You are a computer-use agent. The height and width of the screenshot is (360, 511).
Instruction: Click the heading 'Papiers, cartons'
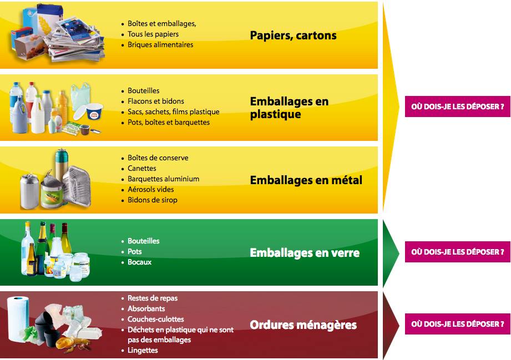[293, 36]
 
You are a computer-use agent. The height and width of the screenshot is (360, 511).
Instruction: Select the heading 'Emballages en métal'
[306, 180]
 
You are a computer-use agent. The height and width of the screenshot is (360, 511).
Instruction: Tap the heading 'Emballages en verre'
[305, 253]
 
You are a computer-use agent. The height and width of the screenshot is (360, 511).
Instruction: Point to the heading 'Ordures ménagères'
[303, 325]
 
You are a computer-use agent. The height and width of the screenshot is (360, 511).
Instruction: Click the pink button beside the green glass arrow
[457, 252]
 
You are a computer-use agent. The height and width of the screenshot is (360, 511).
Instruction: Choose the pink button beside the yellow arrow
[457, 107]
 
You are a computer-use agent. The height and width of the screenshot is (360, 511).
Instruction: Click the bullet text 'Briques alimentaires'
[160, 44]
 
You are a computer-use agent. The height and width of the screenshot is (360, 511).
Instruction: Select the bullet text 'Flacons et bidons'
[156, 102]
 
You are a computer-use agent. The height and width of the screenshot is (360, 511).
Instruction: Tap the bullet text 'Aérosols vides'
[150, 189]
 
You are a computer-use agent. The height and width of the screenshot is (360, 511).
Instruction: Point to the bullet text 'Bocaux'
[139, 262]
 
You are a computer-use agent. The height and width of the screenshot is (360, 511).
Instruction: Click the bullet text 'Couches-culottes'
[156, 320]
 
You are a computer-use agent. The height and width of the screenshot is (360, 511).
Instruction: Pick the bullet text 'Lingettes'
[143, 351]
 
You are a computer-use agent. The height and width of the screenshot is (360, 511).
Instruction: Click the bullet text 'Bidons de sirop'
[153, 200]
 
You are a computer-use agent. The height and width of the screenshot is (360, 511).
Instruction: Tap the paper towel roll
[18, 320]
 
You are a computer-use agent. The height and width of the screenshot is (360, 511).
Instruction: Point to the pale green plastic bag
[80, 96]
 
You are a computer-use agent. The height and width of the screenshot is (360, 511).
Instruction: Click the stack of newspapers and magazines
[77, 40]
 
